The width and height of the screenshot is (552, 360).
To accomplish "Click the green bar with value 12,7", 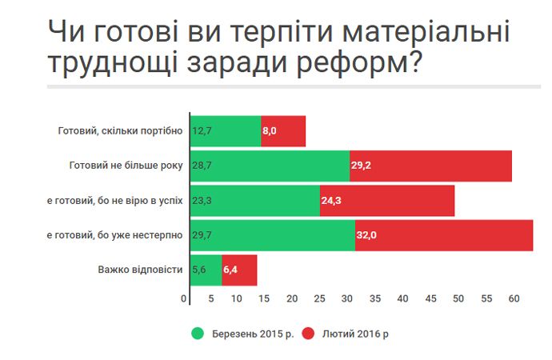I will [x=226, y=131].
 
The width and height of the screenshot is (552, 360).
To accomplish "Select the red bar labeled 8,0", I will [x=283, y=131].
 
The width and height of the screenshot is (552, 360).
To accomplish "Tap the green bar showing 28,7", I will [x=270, y=166].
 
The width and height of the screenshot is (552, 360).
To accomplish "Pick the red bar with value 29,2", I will [x=430, y=166].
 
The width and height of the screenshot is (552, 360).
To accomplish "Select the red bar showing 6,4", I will [x=239, y=270].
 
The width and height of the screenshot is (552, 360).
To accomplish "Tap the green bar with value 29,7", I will [x=273, y=234].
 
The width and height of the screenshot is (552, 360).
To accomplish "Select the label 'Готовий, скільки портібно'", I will [x=121, y=131].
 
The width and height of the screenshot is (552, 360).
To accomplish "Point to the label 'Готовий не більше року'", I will [x=126, y=166].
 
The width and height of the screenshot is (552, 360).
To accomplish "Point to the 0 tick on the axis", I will [x=186, y=298].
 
